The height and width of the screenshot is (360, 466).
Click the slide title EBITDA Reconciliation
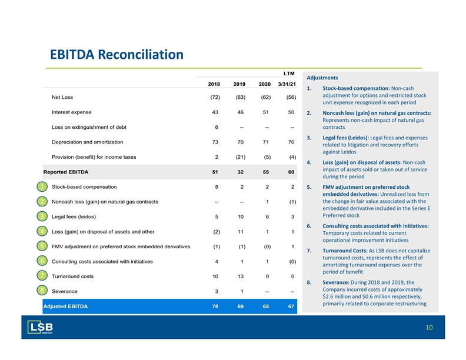(116, 55)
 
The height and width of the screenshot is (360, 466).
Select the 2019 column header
(239, 84)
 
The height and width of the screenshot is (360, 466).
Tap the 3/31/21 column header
(287, 84)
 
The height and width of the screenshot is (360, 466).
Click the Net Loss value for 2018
(215, 97)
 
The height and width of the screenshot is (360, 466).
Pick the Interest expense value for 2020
(266, 112)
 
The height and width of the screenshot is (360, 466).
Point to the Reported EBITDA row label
(66, 172)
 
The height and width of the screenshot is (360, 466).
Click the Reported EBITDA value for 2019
(241, 172)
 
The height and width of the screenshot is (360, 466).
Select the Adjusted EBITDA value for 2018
(215, 306)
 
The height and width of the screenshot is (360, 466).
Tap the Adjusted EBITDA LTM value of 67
(291, 306)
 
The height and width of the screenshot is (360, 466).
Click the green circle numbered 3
(42, 216)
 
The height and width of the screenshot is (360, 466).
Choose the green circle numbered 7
(42, 276)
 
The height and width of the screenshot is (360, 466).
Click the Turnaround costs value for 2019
(241, 276)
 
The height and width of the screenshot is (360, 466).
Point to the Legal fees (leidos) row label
(74, 216)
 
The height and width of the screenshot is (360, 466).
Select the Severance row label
(65, 291)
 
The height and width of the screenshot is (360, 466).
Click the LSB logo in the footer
(40, 327)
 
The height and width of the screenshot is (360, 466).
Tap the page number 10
(429, 327)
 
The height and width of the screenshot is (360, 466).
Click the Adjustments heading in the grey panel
(322, 78)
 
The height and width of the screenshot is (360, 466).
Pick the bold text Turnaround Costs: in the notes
(345, 251)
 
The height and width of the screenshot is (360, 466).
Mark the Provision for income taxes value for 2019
(241, 157)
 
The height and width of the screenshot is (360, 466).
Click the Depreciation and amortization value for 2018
(215, 142)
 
